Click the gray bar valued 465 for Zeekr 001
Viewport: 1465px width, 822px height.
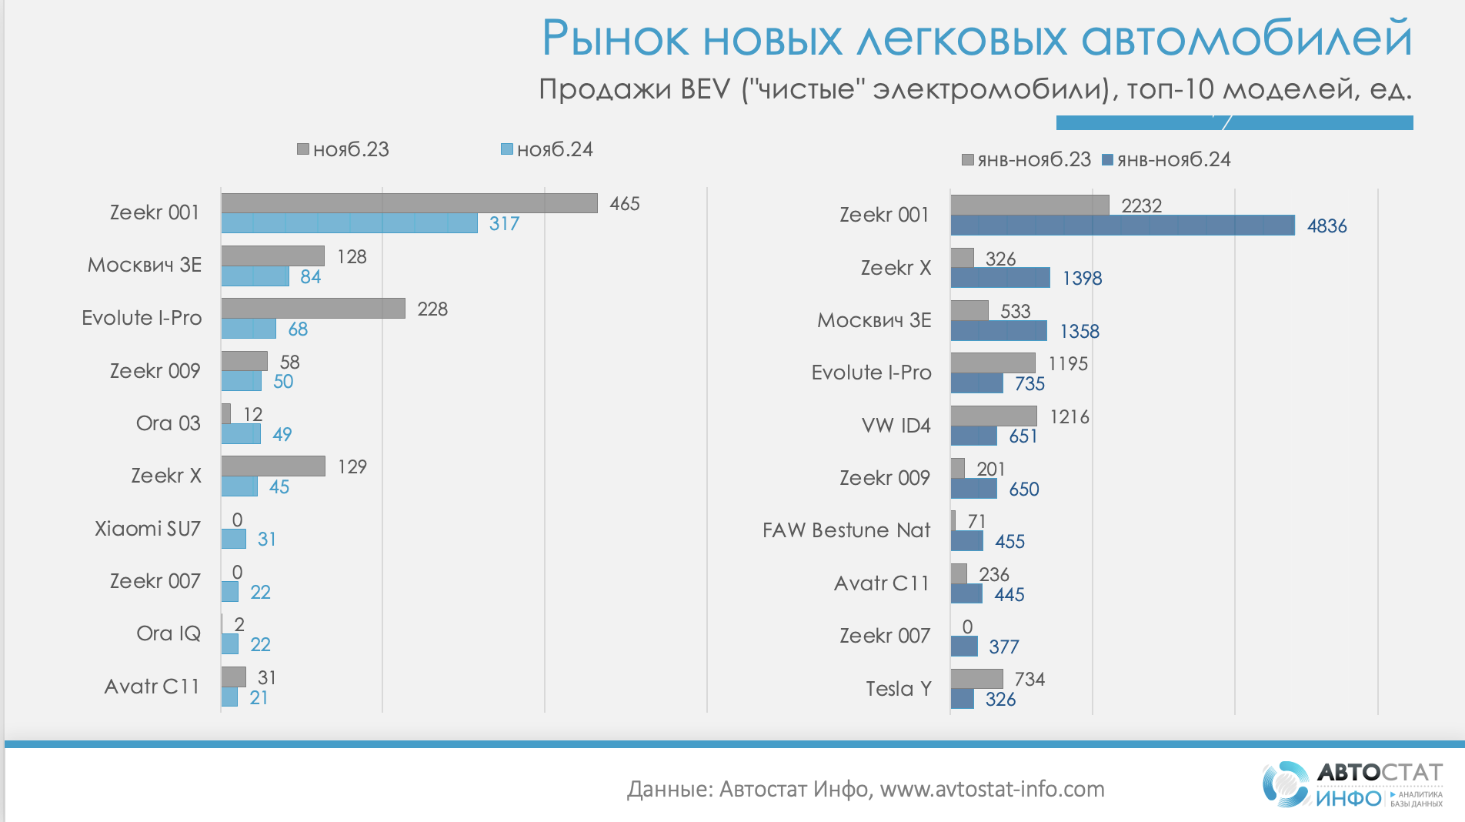tap(409, 203)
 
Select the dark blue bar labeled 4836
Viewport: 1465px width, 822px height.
tap(1122, 226)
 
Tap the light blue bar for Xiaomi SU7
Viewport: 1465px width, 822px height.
tap(234, 539)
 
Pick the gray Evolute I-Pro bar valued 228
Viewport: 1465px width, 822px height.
tap(313, 309)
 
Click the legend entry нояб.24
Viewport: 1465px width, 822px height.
tap(547, 149)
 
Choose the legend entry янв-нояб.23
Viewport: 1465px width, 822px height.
tap(1026, 159)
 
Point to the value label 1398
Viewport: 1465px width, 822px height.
tap(1082, 278)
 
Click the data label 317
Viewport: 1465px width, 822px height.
tap(504, 223)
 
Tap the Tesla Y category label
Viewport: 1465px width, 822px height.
tap(898, 688)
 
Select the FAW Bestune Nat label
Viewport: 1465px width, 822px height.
tap(846, 530)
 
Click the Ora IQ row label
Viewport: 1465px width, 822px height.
tap(169, 633)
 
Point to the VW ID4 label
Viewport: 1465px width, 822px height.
tap(896, 425)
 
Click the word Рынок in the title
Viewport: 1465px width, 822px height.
tap(616, 38)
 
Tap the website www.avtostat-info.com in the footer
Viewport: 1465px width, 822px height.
tap(992, 789)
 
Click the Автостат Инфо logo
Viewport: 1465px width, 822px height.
tap(1352, 784)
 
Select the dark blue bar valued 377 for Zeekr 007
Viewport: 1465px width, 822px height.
tap(964, 647)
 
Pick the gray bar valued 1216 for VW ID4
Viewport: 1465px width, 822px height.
tap(993, 416)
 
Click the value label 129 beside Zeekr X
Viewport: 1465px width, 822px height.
tap(352, 466)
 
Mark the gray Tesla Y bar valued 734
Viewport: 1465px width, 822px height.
tap(976, 679)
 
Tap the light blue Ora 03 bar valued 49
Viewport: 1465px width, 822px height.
tap(241, 434)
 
